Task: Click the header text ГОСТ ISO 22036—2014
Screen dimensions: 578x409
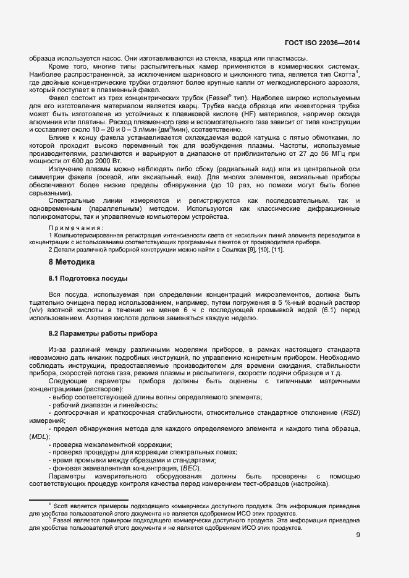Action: click(x=322, y=43)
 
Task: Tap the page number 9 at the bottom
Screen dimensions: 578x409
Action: click(x=358, y=535)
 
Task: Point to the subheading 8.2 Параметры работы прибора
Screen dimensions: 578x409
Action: click(x=95, y=333)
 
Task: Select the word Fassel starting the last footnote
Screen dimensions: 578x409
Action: click(x=63, y=521)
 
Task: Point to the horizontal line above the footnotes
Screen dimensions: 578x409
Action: click(x=78, y=499)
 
